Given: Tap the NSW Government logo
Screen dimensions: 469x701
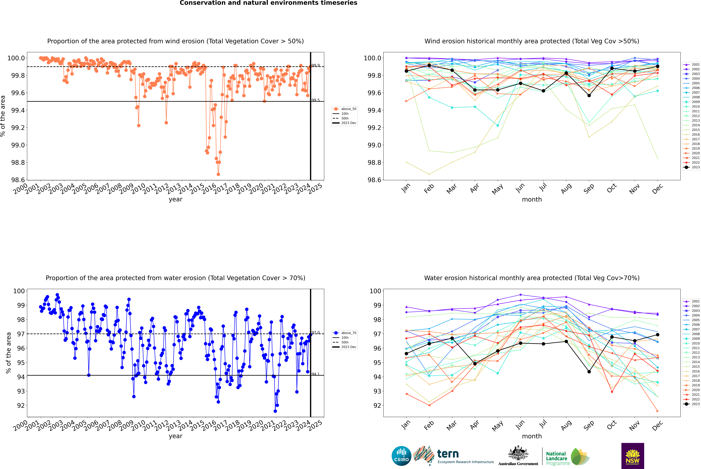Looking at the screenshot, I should [x=633, y=456].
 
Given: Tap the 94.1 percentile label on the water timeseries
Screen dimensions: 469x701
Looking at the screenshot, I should [x=316, y=374].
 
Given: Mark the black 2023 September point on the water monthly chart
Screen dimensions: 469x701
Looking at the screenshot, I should [x=589, y=371].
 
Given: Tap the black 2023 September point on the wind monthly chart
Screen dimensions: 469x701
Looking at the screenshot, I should [x=589, y=95].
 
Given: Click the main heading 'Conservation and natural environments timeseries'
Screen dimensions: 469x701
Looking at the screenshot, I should [x=268, y=3].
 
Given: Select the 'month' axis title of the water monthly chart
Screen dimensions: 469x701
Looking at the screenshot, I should [x=532, y=436].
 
